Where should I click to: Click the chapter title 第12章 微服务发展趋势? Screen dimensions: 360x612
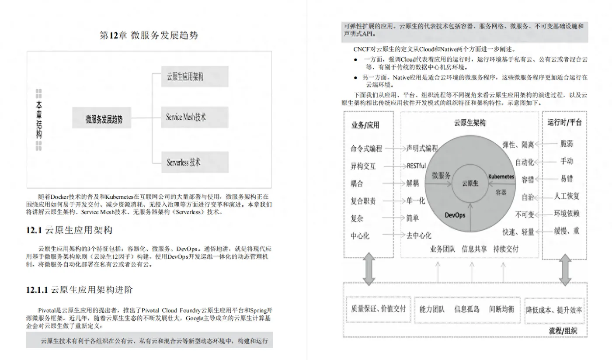click(149, 35)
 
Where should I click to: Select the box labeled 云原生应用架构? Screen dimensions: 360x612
click(195, 76)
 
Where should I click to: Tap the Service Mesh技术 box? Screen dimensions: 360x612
click(195, 117)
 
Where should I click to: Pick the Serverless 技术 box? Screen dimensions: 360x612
click(195, 162)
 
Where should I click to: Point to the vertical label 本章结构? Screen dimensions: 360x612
click(39, 120)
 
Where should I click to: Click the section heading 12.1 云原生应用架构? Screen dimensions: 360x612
click(72, 230)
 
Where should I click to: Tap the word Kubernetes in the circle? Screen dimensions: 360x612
click(501, 177)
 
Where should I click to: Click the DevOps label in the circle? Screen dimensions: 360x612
click(455, 215)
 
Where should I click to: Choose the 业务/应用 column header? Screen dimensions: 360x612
click(365, 125)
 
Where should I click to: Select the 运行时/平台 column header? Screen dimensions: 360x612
click(564, 122)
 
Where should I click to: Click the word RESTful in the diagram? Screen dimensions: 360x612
click(416, 166)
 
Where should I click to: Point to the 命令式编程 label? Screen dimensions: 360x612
click(366, 149)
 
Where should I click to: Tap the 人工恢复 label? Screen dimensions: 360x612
click(567, 196)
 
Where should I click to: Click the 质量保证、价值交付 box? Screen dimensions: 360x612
click(379, 309)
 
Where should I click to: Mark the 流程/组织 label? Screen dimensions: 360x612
click(563, 331)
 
